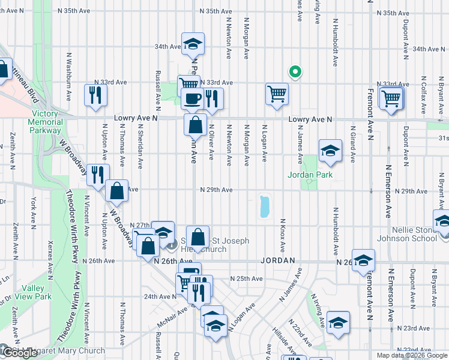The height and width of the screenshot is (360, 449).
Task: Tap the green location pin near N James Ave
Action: tap(294, 71)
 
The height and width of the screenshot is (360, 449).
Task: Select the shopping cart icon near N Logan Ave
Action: tap(277, 94)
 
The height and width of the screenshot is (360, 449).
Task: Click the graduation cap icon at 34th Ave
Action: tap(193, 44)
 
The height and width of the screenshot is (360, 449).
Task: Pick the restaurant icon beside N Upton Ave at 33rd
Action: tap(95, 95)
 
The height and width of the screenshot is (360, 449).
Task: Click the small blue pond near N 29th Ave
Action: tap(264, 207)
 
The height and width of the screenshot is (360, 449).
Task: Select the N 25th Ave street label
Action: tap(247, 279)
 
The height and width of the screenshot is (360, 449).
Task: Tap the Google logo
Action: tap(19, 353)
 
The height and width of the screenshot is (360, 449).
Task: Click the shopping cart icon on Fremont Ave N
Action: tap(391, 97)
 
